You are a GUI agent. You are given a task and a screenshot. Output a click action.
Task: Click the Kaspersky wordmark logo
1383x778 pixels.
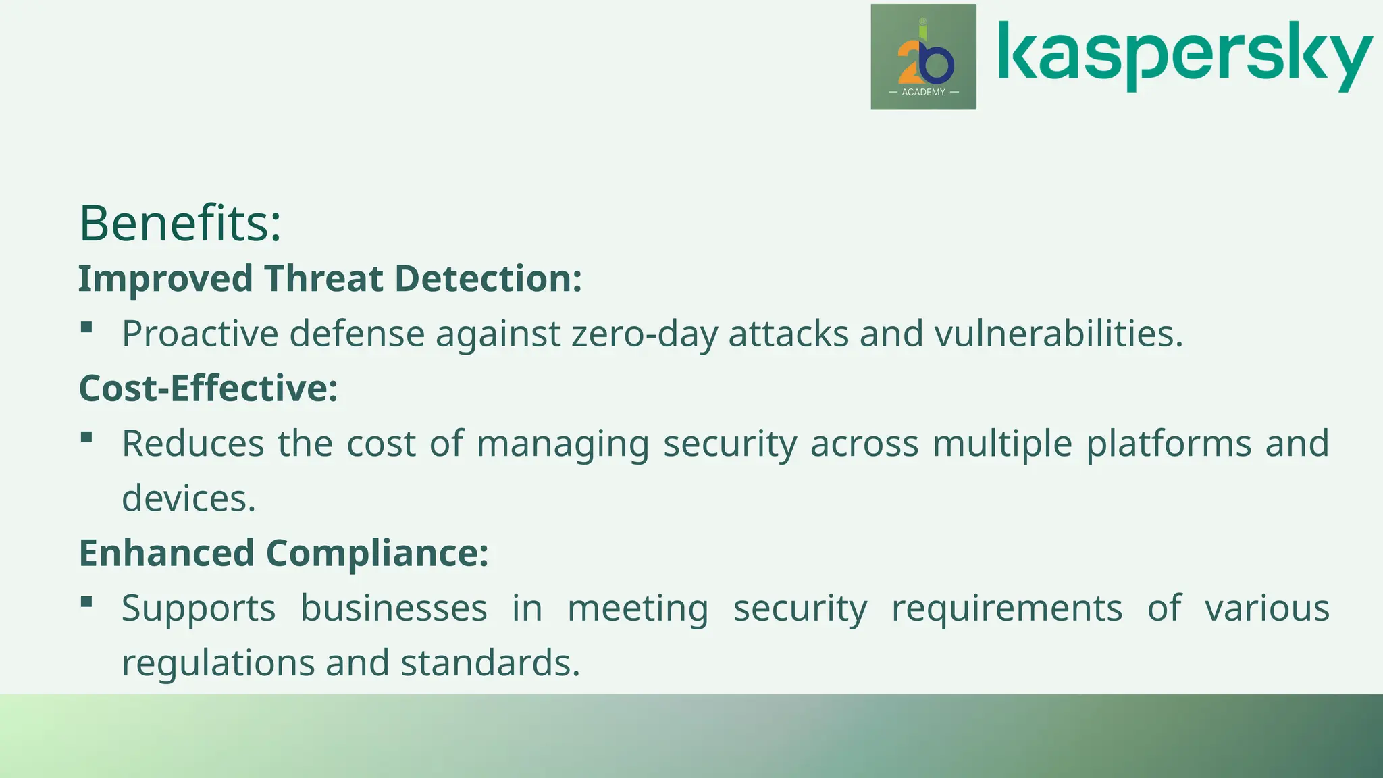[x=1184, y=55]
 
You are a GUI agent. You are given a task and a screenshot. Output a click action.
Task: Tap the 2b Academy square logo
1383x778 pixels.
[x=923, y=57]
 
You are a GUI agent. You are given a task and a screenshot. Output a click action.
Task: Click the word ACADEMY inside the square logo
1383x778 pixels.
[x=923, y=92]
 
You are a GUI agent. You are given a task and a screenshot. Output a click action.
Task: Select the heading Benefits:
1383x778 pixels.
[x=180, y=223]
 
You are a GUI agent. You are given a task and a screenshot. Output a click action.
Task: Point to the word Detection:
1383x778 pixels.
[x=488, y=279]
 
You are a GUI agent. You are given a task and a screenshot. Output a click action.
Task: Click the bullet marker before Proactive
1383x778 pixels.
[x=86, y=328]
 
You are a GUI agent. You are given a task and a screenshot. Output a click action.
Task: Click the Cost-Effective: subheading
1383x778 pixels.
[x=208, y=388]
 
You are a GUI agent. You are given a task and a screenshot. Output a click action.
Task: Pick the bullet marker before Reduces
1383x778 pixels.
[x=86, y=437]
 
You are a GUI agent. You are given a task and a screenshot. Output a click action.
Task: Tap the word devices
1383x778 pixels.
[x=188, y=498]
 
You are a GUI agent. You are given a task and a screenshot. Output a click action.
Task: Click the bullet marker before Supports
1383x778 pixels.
[x=86, y=602]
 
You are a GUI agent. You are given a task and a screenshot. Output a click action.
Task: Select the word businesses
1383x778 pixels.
[x=393, y=608]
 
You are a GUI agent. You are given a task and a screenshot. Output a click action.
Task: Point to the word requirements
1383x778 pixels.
[x=1006, y=608]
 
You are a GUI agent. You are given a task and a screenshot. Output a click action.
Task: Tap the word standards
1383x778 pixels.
[x=490, y=663]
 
